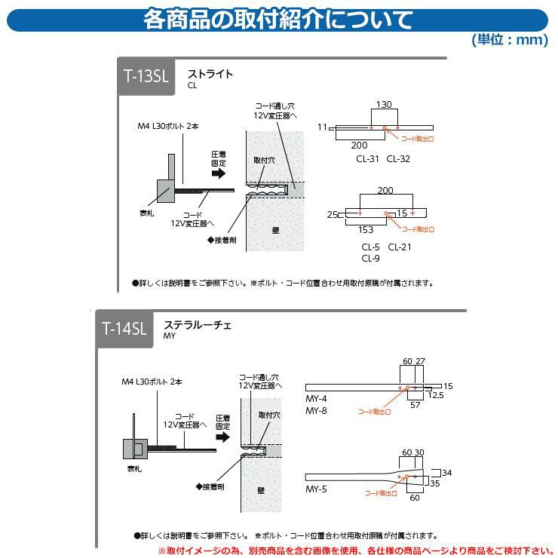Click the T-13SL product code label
pos(146,76)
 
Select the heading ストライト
pos(210,74)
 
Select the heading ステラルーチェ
pos(198,325)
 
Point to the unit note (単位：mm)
pos(510,40)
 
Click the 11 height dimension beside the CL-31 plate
pos(322,127)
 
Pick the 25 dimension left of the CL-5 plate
pos(331,215)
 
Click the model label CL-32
pos(399,158)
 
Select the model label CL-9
pos(369,259)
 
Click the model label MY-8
pos(316,411)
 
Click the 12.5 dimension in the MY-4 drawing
pos(434,394)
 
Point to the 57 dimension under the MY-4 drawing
pos(415,405)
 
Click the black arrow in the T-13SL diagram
pos(218,172)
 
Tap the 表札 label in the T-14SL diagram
pos(134,468)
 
